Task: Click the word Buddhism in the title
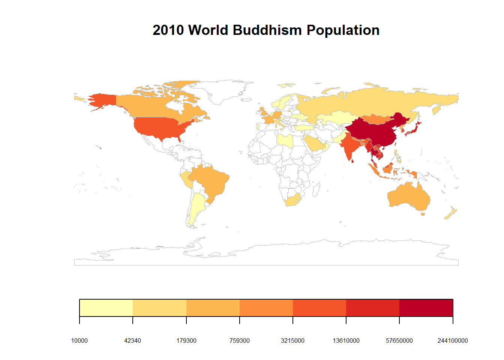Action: pyautogui.click(x=267, y=30)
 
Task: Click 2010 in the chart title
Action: pyautogui.click(x=168, y=30)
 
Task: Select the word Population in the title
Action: pyautogui.click(x=343, y=30)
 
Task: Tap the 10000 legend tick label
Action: pyautogui.click(x=79, y=340)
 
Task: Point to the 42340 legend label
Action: pyautogui.click(x=132, y=340)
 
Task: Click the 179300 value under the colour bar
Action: pyautogui.click(x=186, y=340)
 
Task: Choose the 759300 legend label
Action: pyautogui.click(x=240, y=340)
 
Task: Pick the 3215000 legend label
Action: pyautogui.click(x=293, y=340)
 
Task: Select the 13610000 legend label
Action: pyautogui.click(x=346, y=340)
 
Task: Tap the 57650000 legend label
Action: pyautogui.click(x=399, y=340)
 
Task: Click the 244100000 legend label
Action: pyautogui.click(x=453, y=340)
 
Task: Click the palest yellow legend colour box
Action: pyautogui.click(x=106, y=308)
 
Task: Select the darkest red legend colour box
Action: pyautogui.click(x=426, y=308)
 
